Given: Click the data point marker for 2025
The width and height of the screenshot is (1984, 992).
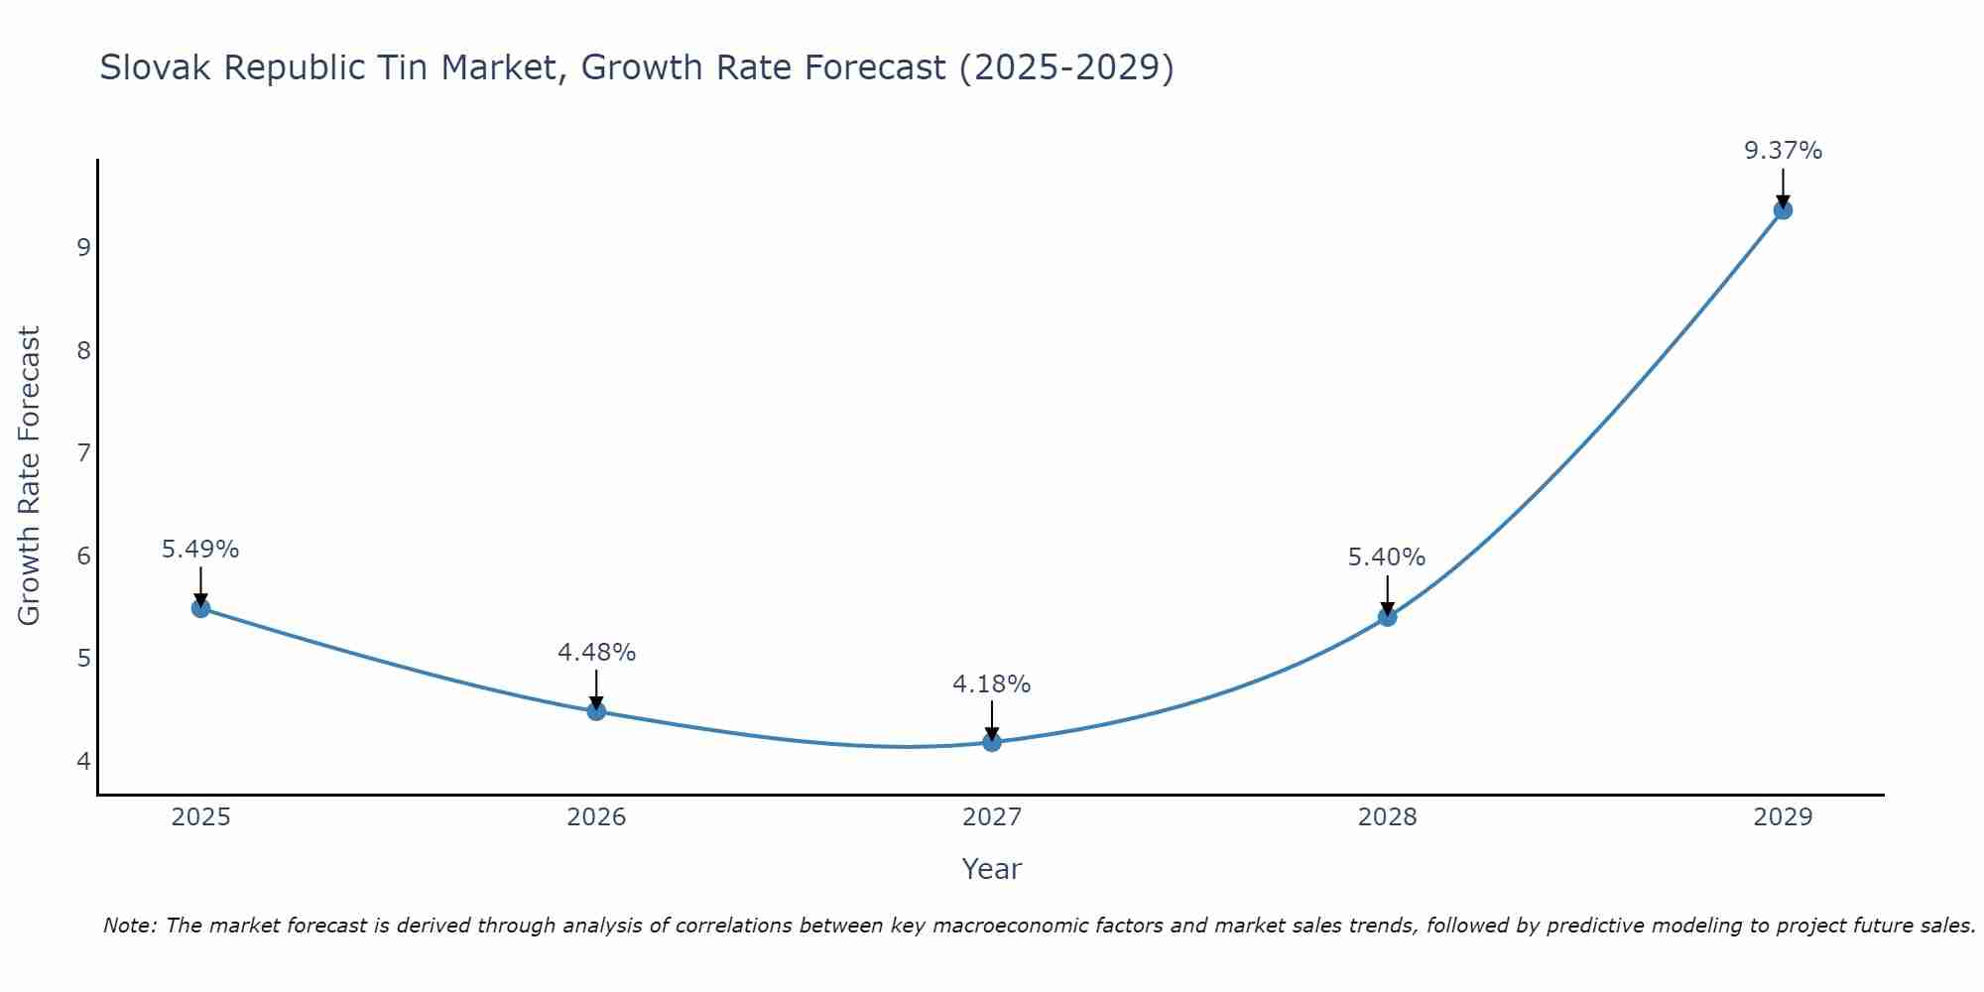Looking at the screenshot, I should (200, 608).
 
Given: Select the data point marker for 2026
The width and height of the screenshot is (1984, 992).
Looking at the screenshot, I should (596, 711).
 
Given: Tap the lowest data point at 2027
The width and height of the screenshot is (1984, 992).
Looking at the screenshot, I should (992, 742).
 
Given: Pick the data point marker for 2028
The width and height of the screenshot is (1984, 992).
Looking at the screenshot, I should (1387, 617).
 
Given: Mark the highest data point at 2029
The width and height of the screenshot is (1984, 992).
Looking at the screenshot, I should (1783, 210).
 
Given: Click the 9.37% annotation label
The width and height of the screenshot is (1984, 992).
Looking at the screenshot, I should (1783, 151).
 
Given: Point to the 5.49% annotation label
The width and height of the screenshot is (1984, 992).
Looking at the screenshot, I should (200, 549).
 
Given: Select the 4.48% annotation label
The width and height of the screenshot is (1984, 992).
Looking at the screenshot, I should (596, 652).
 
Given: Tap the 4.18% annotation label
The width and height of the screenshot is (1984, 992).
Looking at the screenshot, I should (992, 683).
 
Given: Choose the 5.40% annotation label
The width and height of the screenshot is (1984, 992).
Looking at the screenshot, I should (1387, 558).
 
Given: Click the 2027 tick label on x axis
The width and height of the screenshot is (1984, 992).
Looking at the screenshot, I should (992, 817).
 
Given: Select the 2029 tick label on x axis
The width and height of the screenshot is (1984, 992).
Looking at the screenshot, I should (1783, 817).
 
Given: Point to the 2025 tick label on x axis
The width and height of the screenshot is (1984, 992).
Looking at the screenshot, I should (200, 817).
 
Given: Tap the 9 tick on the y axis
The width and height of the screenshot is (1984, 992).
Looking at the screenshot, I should (83, 247).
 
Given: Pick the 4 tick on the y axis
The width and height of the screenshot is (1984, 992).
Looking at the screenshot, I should (83, 762).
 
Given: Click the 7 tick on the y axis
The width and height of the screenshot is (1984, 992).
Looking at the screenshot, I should (83, 453).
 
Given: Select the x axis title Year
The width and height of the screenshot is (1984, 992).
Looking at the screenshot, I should (992, 869).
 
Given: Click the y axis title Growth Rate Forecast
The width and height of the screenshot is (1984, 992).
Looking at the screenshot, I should (30, 476).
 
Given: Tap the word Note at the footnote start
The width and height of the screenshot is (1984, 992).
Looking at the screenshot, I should (129, 926).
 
